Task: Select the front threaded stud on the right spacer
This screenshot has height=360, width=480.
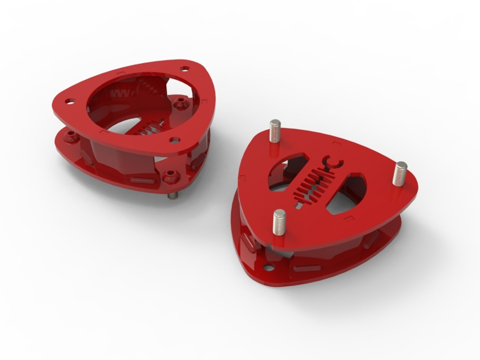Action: coord(279,222)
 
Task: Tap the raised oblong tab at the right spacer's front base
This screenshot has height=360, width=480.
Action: coord(307,268)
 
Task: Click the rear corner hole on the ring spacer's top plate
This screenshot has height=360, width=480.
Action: coord(184,69)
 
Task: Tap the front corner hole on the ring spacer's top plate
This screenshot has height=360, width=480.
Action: coord(173,140)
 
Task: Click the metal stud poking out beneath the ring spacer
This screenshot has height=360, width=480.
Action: coord(172,196)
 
